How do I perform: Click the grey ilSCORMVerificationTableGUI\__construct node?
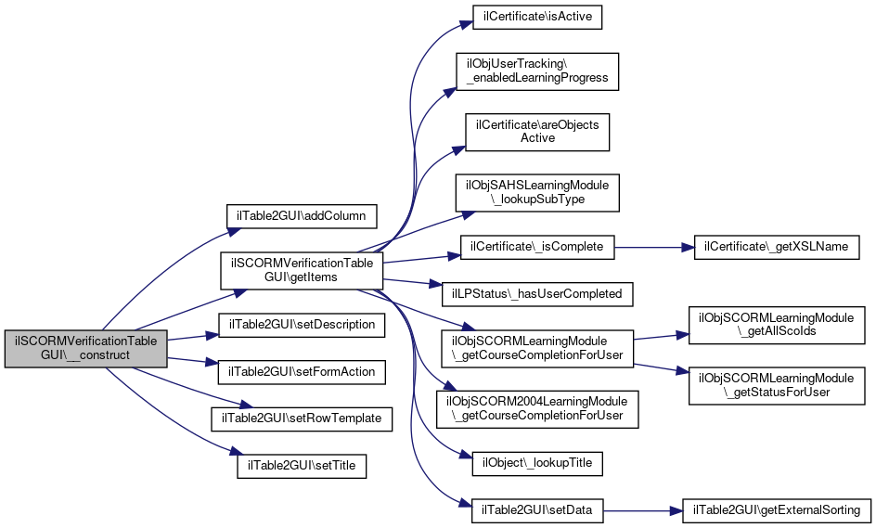click(86, 349)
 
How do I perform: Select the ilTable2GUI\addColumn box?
click(302, 216)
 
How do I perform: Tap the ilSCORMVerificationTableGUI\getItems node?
click(302, 271)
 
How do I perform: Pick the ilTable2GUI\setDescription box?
click(302, 325)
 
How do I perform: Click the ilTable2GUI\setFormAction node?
click(302, 372)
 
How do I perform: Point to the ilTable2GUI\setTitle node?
click(302, 466)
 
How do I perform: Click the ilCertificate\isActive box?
click(537, 18)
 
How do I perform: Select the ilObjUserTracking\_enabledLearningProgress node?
click(537, 71)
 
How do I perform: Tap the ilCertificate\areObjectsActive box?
click(537, 132)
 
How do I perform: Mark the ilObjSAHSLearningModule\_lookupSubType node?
click(537, 193)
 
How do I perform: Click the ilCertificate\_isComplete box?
click(537, 247)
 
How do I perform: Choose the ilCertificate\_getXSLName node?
click(777, 247)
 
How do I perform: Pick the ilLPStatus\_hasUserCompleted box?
click(537, 294)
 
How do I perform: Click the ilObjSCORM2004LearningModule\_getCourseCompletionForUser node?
click(537, 409)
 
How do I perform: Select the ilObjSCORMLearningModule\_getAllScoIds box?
click(777, 325)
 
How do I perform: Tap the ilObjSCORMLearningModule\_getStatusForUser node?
click(777, 385)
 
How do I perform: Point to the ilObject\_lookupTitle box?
click(537, 464)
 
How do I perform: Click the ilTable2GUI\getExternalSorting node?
click(777, 510)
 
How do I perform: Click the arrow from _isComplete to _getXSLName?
click(654, 247)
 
